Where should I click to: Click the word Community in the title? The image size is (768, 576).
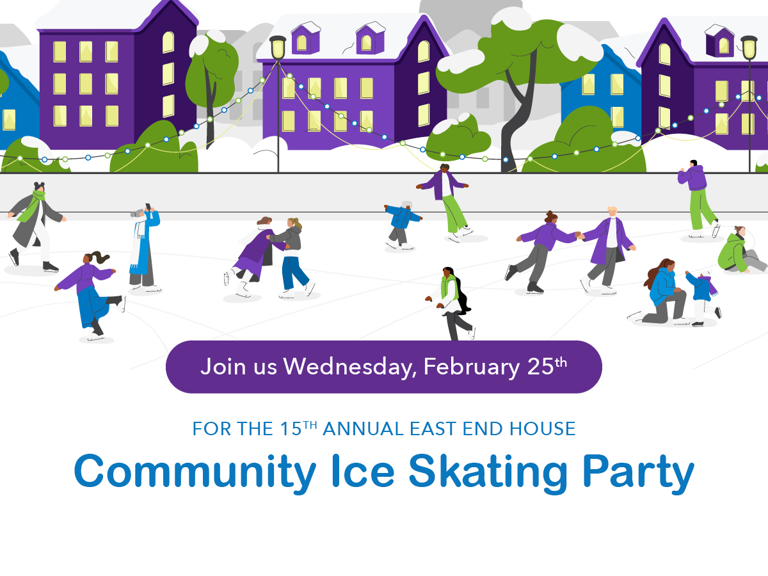tap(194, 472)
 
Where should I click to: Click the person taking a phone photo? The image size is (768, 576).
tap(142, 246)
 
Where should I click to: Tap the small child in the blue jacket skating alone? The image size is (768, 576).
tap(401, 224)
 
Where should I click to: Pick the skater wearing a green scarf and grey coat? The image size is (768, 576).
tap(35, 224)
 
